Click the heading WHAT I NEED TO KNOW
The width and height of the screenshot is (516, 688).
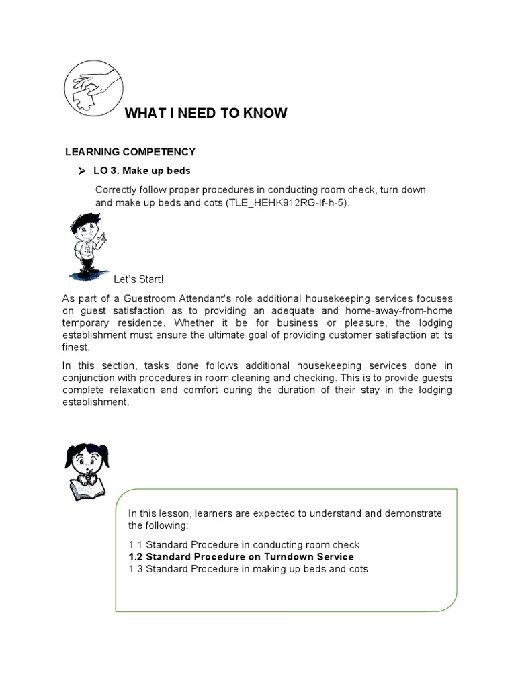[206, 113]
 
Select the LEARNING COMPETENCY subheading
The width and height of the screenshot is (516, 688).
[130, 152]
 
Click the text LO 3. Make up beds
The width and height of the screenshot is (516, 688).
[142, 171]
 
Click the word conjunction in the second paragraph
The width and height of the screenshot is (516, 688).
[88, 378]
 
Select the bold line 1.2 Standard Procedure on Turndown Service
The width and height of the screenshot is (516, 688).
[241, 557]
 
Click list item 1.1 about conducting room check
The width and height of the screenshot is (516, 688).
[244, 545]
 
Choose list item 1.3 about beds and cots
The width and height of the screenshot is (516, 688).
[248, 569]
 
